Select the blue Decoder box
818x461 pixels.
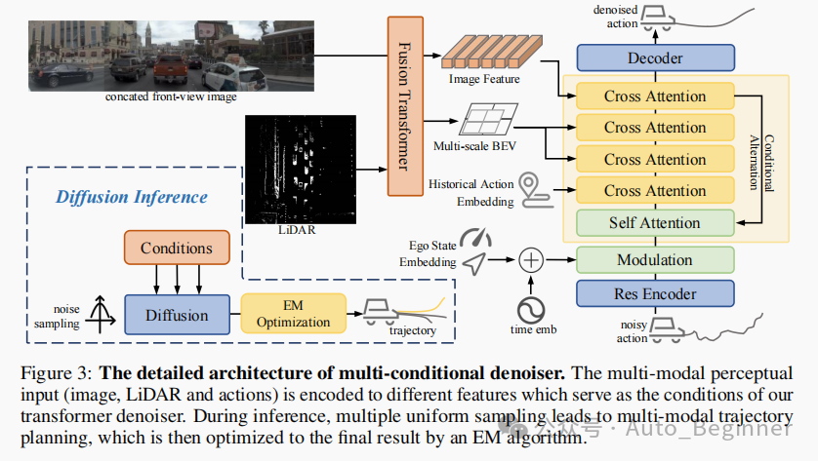pyautogui.click(x=654, y=58)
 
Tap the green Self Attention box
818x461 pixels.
pyautogui.click(x=654, y=223)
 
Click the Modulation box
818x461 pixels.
pyautogui.click(x=654, y=260)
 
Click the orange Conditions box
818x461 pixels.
pyautogui.click(x=177, y=248)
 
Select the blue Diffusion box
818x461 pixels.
pyautogui.click(x=177, y=315)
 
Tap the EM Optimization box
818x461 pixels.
pyautogui.click(x=285, y=314)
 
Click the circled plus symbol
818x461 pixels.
pyautogui.click(x=530, y=260)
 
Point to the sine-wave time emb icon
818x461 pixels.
pyautogui.click(x=531, y=309)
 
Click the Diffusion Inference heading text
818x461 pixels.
pyautogui.click(x=132, y=196)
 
